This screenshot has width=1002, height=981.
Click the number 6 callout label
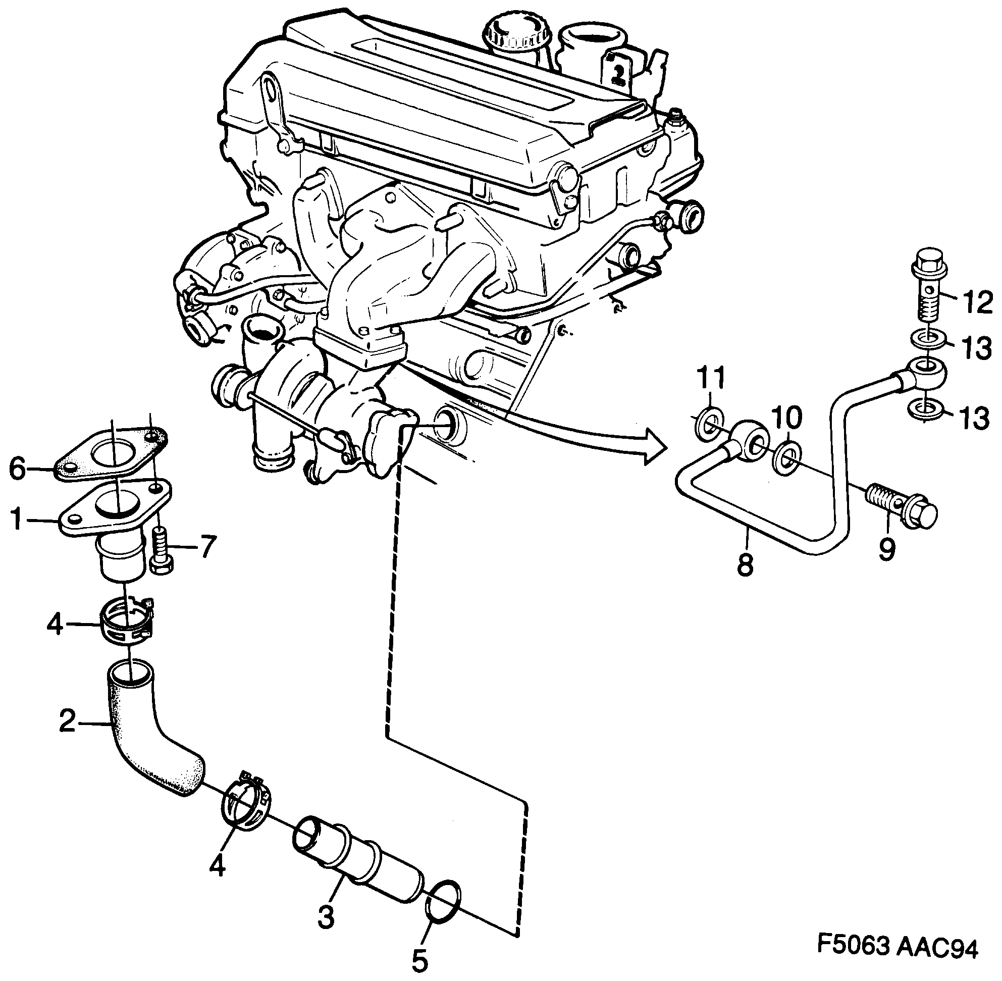pyautogui.click(x=18, y=470)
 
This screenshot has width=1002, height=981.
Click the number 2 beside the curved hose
pyautogui.click(x=68, y=721)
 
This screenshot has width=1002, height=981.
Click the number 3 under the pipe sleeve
pyautogui.click(x=326, y=917)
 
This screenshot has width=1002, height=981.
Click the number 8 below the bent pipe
pyautogui.click(x=745, y=564)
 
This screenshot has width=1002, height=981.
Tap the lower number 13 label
pyautogui.click(x=974, y=419)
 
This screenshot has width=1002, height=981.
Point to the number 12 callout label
pyautogui.click(x=975, y=302)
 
